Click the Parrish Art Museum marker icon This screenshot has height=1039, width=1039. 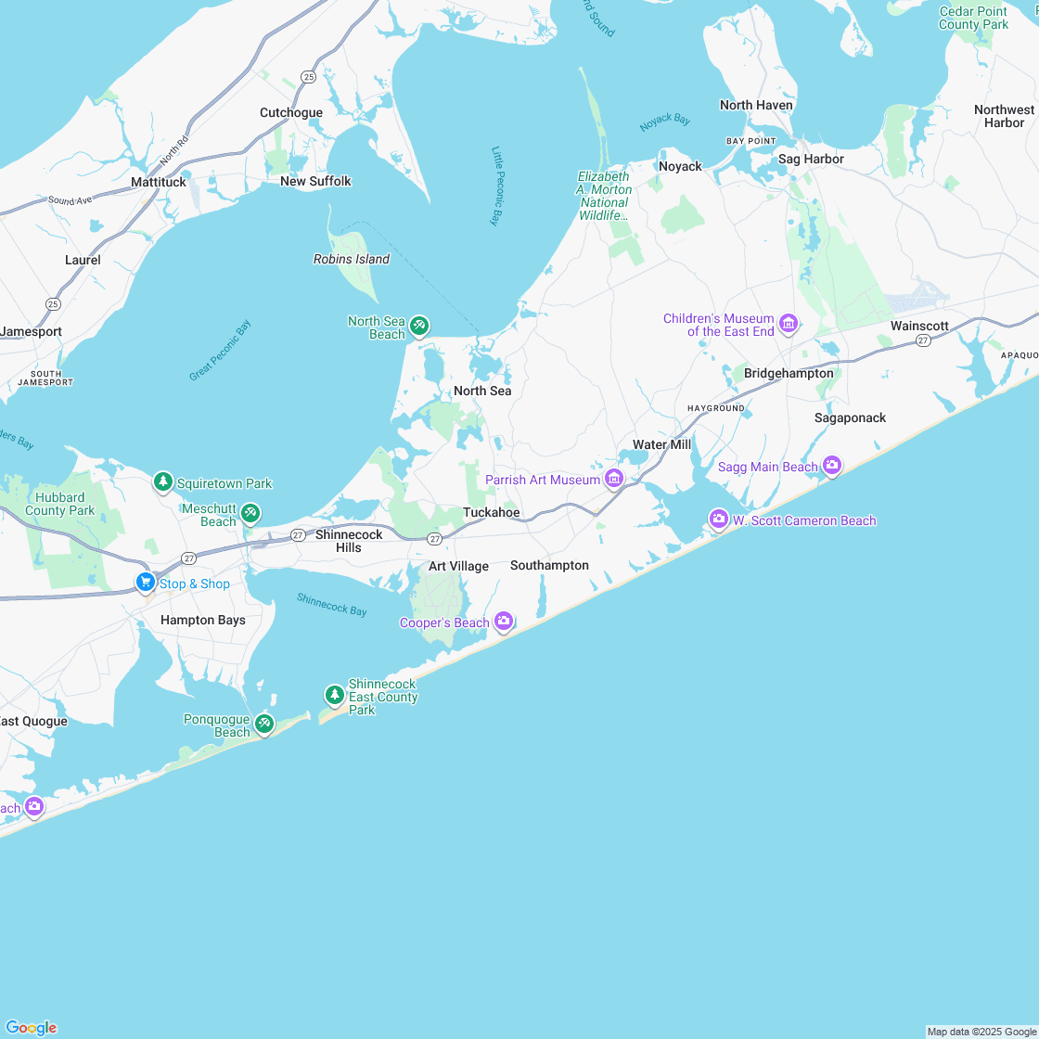tap(613, 479)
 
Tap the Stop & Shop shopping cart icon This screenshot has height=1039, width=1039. tap(145, 583)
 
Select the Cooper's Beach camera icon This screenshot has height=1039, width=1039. tap(504, 622)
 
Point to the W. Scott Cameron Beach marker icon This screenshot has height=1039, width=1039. tap(718, 519)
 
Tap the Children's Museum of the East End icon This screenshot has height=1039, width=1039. tap(789, 324)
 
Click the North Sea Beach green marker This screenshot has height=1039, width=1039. tap(419, 326)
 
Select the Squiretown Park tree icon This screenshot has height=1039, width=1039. tap(163, 482)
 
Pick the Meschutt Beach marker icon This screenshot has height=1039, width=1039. tap(250, 513)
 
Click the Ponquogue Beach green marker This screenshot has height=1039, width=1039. tap(264, 723)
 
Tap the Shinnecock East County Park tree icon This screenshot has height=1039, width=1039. tap(334, 695)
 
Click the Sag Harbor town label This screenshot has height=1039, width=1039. tap(811, 159)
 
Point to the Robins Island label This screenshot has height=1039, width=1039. tap(352, 259)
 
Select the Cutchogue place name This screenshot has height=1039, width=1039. tap(291, 112)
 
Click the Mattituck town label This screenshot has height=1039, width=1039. tap(159, 182)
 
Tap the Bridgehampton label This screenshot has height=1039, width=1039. tap(789, 373)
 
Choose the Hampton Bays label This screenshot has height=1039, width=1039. tap(203, 620)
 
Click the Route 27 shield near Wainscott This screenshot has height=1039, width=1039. tap(923, 341)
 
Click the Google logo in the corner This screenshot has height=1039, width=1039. tap(31, 1027)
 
